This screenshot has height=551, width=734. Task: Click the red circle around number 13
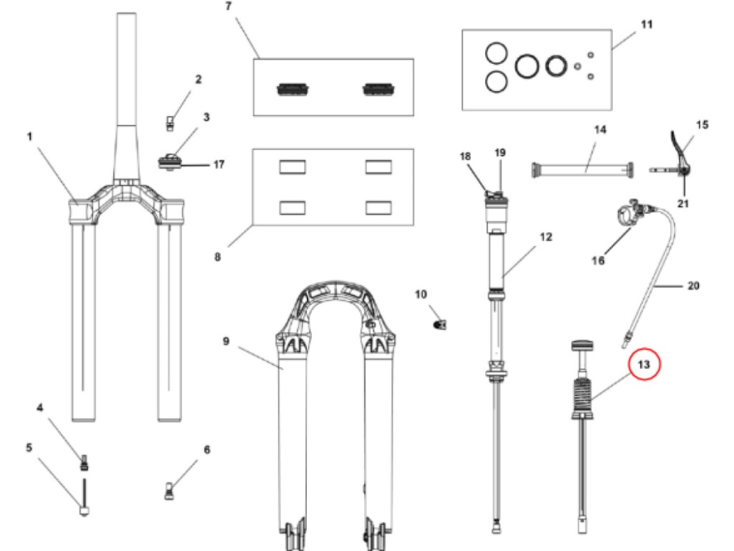click(644, 364)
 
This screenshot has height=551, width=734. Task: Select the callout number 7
click(228, 7)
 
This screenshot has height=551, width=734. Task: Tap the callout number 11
click(647, 24)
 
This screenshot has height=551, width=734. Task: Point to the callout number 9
click(226, 341)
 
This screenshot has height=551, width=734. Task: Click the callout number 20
click(694, 285)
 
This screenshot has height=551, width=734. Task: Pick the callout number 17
click(219, 165)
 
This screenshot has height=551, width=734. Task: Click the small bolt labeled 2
click(170, 123)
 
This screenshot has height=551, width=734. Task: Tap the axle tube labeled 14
click(583, 170)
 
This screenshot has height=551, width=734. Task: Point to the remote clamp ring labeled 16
click(626, 214)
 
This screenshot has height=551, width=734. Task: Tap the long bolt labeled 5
click(84, 497)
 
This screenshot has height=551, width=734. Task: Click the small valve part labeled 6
click(170, 491)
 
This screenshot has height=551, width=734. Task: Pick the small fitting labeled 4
click(84, 462)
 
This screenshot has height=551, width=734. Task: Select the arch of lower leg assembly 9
click(335, 300)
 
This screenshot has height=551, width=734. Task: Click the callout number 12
click(546, 237)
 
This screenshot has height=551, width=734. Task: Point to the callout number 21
click(683, 204)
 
